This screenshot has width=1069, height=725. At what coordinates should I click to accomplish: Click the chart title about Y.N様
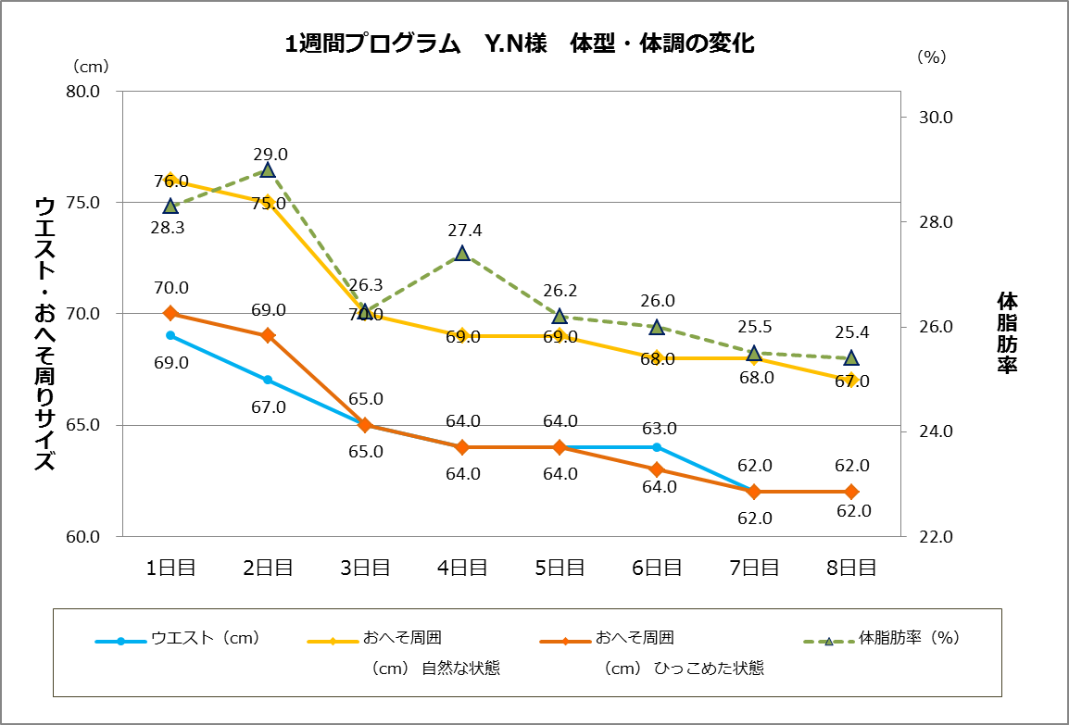click(521, 44)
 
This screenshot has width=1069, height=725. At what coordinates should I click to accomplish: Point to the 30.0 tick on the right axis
click(935, 118)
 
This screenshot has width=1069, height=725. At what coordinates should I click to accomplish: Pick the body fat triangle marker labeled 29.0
click(268, 169)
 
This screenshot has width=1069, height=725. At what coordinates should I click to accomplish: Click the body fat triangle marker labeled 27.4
click(462, 253)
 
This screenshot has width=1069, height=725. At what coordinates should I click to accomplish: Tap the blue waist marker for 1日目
click(170, 335)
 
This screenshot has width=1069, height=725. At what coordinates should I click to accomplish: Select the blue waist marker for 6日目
click(657, 447)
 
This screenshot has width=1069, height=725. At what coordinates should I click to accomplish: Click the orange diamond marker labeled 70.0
click(170, 313)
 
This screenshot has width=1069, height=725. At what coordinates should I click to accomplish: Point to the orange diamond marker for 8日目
click(850, 492)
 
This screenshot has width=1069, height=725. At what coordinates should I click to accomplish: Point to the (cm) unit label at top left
click(91, 66)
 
